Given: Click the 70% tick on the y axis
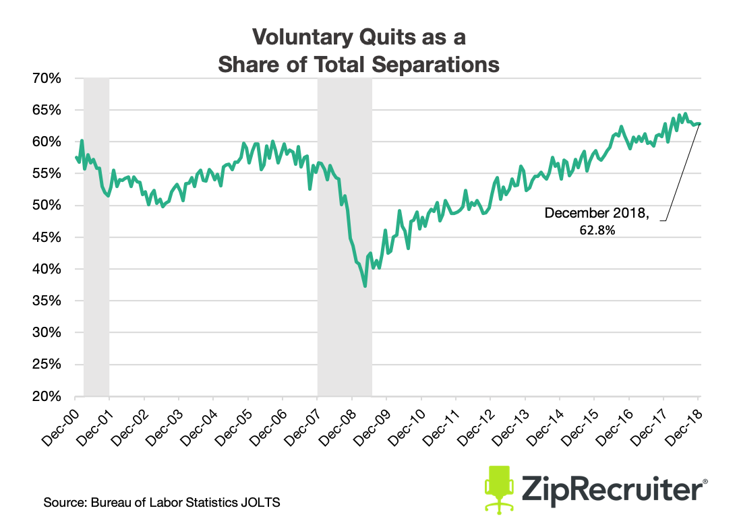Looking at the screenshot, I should [47, 78].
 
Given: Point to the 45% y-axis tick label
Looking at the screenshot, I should [47, 237].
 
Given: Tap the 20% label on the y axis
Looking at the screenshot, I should [47, 396].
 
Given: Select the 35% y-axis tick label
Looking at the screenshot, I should [47, 301].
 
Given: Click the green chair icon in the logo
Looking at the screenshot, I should [500, 484].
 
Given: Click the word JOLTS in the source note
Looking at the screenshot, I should [262, 503].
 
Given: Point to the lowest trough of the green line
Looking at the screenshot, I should [365, 286].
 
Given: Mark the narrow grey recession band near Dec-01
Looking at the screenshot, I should [96, 236].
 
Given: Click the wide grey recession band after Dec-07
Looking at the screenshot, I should [345, 236].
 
